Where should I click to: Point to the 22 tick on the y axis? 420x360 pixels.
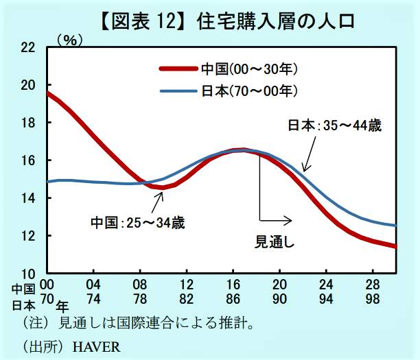point(27,47)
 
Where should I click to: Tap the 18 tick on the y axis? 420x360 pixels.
point(27,123)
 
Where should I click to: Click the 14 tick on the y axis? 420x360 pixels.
point(27,198)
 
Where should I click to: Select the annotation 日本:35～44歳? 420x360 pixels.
point(334,125)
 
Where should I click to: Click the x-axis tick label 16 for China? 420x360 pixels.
point(233,285)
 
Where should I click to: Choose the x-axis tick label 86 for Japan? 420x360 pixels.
point(233,299)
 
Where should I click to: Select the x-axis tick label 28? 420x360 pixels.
point(373,285)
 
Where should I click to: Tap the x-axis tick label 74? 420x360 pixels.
point(93,299)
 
